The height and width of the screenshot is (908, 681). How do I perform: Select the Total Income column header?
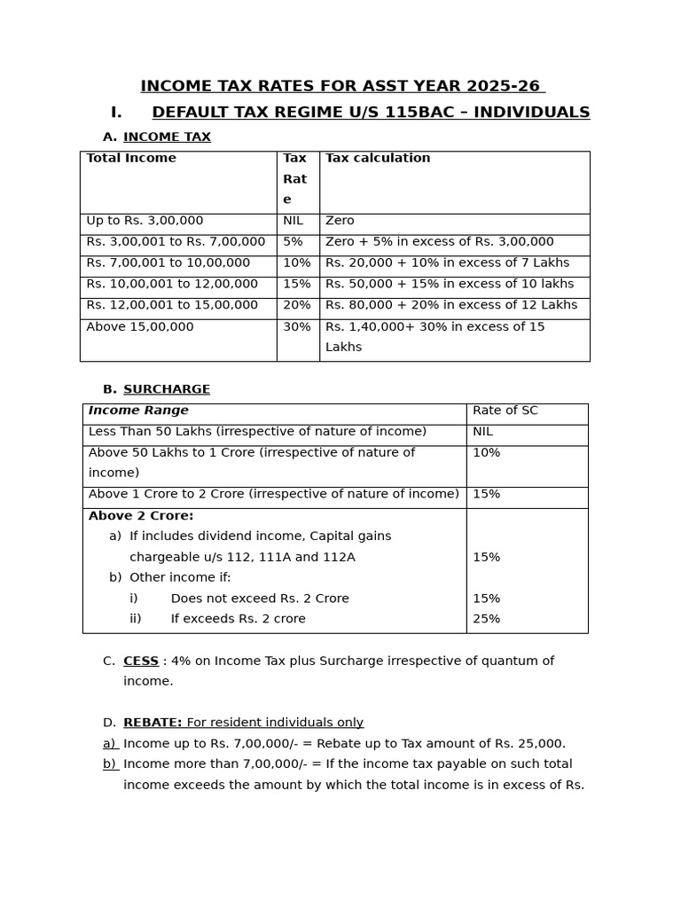(131, 158)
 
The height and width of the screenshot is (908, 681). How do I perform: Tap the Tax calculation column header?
(378, 158)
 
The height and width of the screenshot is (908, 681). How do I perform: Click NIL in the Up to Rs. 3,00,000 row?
(294, 221)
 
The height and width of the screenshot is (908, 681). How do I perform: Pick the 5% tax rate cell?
(293, 242)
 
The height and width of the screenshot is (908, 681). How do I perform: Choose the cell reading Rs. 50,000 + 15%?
(450, 284)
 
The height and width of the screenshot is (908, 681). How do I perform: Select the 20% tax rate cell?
(296, 305)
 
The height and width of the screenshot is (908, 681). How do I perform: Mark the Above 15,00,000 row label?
(140, 326)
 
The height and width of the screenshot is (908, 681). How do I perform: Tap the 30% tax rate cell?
(296, 326)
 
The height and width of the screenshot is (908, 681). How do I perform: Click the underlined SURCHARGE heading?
(167, 389)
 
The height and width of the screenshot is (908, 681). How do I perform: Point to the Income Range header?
(138, 411)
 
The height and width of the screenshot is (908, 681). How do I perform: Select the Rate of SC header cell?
(505, 411)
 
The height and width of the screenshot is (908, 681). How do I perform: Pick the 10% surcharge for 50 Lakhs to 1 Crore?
(487, 452)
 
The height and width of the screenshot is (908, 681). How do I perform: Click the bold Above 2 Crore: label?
(141, 516)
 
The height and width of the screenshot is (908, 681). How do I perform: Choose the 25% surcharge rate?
(487, 619)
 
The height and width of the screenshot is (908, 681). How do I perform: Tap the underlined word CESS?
(141, 661)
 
